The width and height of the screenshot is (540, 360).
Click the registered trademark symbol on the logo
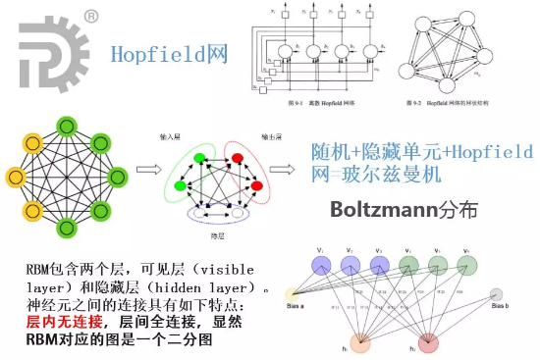point(90,16)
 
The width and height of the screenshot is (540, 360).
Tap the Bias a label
point(296,306)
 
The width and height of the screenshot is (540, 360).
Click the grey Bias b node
point(497,294)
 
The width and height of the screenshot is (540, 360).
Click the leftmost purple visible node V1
point(320,265)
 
